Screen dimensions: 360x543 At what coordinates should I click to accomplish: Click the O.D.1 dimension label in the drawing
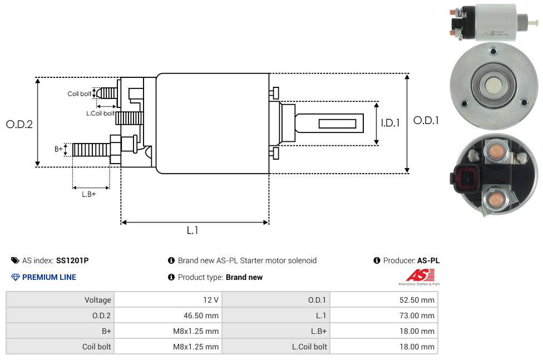[426, 120]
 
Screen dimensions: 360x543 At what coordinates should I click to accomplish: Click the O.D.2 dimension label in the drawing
[19, 124]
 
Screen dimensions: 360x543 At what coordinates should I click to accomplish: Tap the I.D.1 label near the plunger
[390, 123]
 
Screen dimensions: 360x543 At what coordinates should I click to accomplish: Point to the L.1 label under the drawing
[192, 230]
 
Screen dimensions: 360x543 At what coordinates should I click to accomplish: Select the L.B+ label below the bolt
[89, 194]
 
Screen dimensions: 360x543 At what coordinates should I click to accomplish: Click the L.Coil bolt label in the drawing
[100, 114]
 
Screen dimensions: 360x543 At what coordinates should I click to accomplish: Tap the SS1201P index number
[72, 260]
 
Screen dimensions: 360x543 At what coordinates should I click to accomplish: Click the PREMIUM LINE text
[49, 277]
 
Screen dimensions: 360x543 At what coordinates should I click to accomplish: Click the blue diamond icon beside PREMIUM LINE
[15, 277]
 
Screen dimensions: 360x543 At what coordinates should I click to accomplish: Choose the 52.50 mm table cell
[383, 300]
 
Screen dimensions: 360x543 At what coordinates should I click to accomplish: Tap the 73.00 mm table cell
[383, 315]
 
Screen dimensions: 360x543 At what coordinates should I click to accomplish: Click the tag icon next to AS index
[15, 260]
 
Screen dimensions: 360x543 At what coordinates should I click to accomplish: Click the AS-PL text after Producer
[428, 260]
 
